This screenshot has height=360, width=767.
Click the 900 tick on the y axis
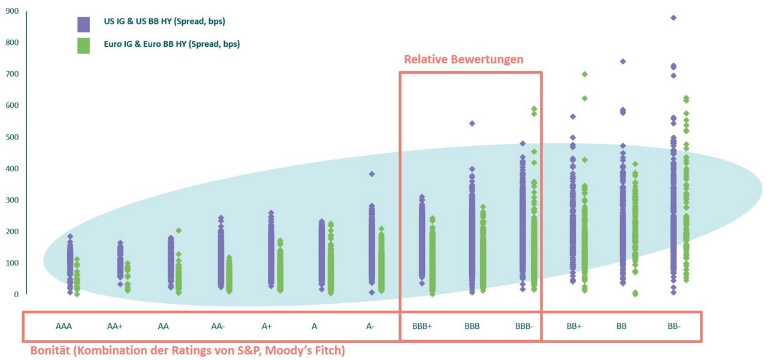coord(12,11)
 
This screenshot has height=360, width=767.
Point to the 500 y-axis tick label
coord(12,137)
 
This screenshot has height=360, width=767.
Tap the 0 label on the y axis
coord(16,295)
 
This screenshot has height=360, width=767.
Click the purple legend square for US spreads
coord(83,25)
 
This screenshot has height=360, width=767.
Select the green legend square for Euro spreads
coord(83,46)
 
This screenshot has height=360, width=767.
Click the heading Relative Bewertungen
coord(464,59)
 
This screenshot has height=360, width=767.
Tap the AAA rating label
coord(64,326)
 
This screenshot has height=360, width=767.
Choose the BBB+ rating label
coord(422,326)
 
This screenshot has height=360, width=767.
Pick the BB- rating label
coord(674,326)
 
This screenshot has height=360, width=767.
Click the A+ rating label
coord(267,326)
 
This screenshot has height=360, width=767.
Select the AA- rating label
coord(218,326)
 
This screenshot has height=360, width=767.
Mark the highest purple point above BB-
coord(674,18)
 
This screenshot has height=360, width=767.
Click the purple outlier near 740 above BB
coord(623,62)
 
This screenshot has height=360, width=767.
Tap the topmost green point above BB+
coord(584,74)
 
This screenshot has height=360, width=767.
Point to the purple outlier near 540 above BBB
coord(472,123)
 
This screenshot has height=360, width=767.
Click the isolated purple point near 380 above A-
coord(372,174)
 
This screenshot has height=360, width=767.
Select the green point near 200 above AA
coord(179,231)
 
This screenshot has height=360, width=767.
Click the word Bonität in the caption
coord(50,351)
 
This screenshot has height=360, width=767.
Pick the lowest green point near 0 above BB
coord(635,294)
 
